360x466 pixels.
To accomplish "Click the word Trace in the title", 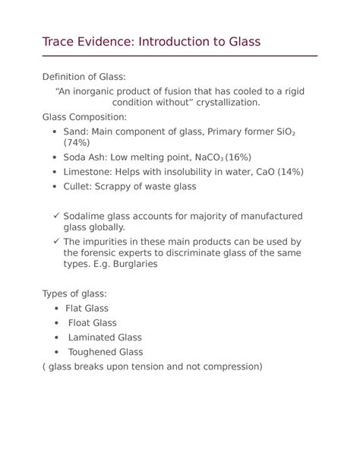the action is pos(59,42).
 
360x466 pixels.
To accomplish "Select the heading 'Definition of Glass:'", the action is pos(84,77).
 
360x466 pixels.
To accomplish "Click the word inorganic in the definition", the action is pos(110,91).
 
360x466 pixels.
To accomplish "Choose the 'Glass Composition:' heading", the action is pos(84,117).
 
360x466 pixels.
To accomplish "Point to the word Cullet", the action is pos(80,186).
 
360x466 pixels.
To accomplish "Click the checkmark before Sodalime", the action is pos(56,216).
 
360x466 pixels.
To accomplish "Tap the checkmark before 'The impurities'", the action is pos(56,242).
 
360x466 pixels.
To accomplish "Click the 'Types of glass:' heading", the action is pos(74,293).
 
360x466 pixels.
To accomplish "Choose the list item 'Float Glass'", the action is pos(93,323).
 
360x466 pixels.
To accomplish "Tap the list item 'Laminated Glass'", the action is pos(105,338).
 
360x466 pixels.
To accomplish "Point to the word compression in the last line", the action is pos(227,366).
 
